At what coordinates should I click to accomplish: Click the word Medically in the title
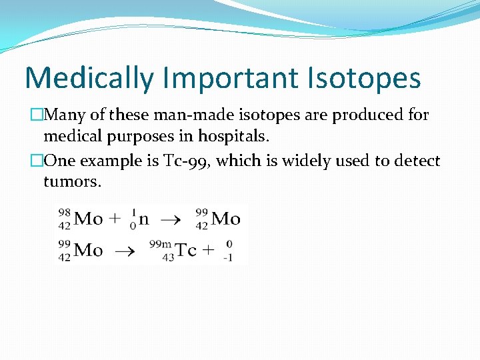point(89,79)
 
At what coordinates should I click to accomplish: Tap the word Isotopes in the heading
point(365,79)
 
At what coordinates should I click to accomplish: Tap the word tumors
point(73,181)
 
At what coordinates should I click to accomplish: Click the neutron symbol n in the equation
point(144,219)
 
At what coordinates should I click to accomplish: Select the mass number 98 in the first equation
point(65,213)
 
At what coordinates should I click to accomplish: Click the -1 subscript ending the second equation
point(228,257)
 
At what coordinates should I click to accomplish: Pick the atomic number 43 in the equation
point(168,257)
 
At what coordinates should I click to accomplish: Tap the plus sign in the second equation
point(209,251)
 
